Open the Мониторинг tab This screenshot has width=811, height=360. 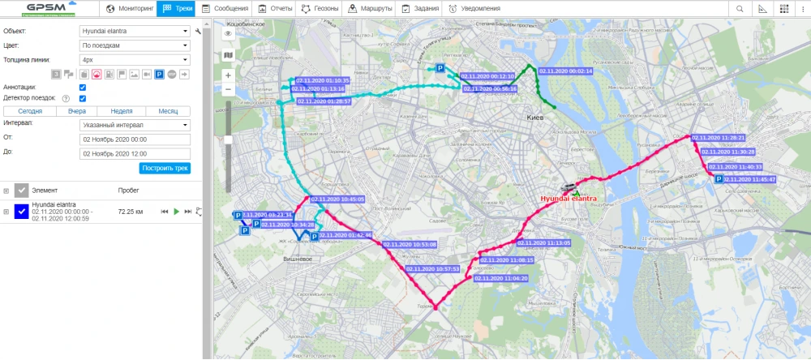click(x=130, y=9)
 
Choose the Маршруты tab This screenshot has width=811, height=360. click(x=370, y=9)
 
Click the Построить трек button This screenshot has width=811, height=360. click(x=165, y=168)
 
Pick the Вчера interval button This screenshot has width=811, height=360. click(x=77, y=111)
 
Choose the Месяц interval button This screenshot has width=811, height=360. click(x=168, y=111)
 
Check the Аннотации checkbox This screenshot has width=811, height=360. click(x=83, y=87)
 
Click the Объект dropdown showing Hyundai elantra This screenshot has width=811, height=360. click(x=135, y=31)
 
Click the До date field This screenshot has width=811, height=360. click(x=135, y=152)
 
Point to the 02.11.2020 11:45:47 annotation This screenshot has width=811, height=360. click(x=750, y=179)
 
